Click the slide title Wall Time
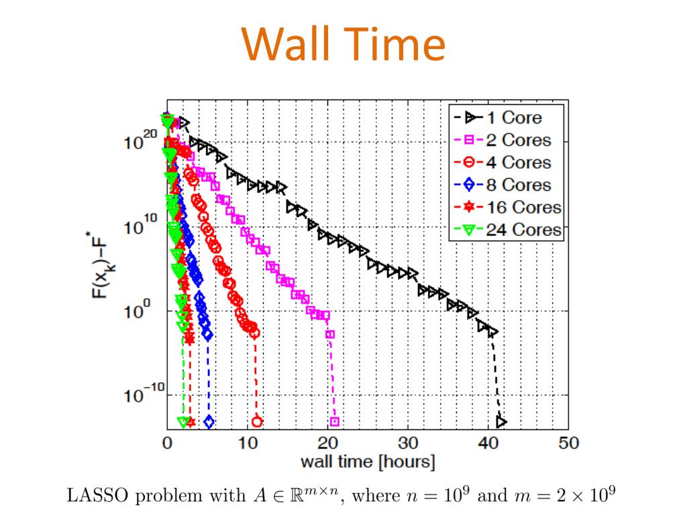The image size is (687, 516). click(343, 44)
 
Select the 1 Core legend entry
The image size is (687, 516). click(505, 118)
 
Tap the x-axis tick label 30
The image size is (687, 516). click(408, 443)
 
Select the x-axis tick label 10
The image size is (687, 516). click(248, 443)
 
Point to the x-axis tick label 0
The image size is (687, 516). click(167, 443)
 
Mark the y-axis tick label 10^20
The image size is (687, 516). click(139, 142)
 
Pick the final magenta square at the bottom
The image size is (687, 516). click(335, 422)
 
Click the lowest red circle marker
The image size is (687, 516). click(257, 422)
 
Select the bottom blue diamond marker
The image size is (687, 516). click(209, 422)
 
